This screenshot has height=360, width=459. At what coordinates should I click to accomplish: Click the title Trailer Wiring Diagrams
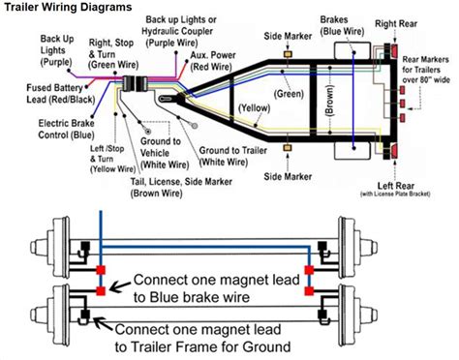click(66, 8)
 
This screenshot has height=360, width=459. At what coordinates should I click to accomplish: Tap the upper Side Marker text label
click(288, 34)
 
